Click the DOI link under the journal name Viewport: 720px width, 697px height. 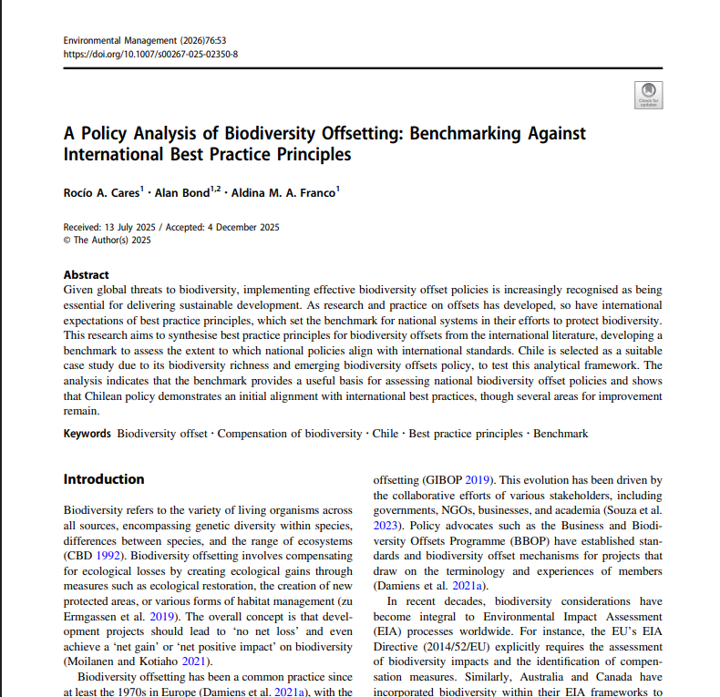coord(150,54)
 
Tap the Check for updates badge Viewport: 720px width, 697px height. coord(648,95)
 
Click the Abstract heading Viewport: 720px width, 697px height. coord(86,275)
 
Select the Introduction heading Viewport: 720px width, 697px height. coord(104,479)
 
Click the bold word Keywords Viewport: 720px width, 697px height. coord(87,434)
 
